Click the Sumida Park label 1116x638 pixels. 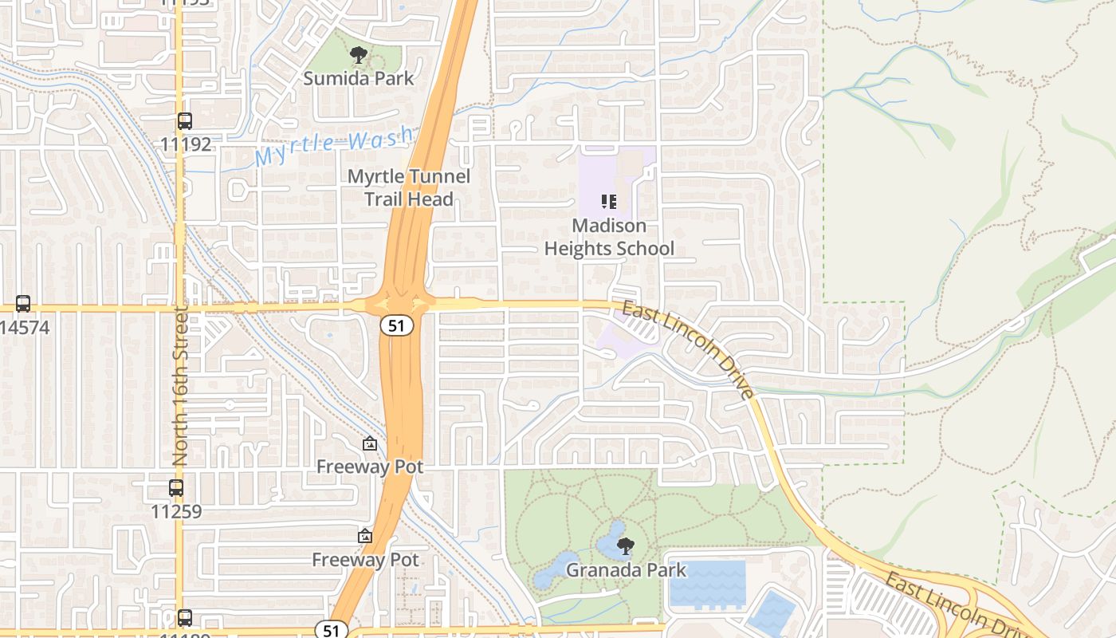tap(359, 78)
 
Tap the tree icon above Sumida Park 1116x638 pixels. tap(359, 55)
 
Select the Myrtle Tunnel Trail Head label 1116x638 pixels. tap(409, 187)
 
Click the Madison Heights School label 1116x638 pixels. tap(609, 237)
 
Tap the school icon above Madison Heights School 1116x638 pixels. tap(609, 201)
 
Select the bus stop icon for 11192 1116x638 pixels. tap(185, 121)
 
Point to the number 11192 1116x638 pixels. tap(186, 144)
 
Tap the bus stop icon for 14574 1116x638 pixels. tap(23, 304)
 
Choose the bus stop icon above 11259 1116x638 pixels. tap(176, 488)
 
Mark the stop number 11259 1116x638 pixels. tap(176, 511)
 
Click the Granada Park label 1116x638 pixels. tap(626, 570)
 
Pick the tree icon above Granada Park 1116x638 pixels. tap(626, 546)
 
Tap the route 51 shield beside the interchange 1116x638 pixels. tap(396, 325)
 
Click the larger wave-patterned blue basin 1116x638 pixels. tap(707, 583)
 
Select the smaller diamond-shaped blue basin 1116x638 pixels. tap(772, 611)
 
